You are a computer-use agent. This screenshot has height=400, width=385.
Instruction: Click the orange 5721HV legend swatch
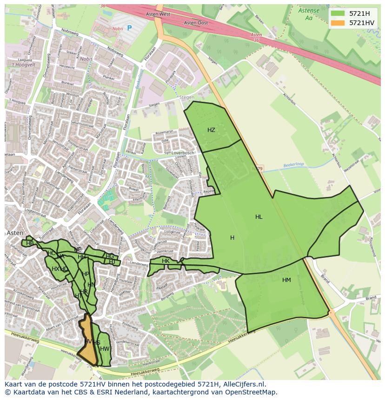[338, 23]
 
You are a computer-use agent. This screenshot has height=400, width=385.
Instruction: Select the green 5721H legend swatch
[338, 13]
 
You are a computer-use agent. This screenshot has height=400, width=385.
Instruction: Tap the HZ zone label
[211, 130]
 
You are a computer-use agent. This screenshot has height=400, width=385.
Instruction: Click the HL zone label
[259, 217]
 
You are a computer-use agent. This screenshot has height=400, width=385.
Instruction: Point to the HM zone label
[286, 280]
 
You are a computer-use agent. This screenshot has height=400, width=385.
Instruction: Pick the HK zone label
[166, 261]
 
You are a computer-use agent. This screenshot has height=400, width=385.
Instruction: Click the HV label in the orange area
[88, 341]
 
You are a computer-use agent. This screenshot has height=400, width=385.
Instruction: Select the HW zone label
[105, 349]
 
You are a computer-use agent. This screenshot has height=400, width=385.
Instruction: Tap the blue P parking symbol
[129, 28]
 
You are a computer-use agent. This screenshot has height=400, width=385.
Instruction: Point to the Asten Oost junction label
[195, 23]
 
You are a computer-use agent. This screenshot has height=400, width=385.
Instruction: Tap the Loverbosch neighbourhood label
[182, 152]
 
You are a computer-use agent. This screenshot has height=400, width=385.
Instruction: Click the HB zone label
[30, 243]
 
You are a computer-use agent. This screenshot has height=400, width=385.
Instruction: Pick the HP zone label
[85, 274]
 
